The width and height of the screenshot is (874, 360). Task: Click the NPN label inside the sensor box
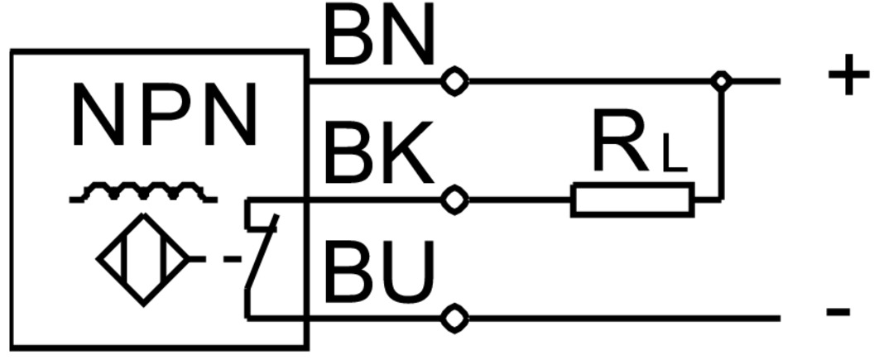coord(164,117)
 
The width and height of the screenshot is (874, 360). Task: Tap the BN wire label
coord(379,38)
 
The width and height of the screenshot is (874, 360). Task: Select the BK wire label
coord(379,155)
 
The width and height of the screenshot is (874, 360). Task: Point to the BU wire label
coord(379,272)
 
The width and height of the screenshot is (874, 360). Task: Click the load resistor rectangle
coord(632,200)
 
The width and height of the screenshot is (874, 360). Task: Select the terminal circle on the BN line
coord(454,81)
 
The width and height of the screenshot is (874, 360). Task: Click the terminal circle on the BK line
coord(454,200)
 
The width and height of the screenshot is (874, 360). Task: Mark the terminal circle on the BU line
coord(454,318)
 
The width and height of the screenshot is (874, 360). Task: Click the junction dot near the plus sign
coord(722,81)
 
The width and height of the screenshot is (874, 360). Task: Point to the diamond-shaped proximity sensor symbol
coord(145,259)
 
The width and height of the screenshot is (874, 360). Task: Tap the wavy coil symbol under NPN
coord(142,194)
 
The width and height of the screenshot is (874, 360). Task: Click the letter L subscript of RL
coord(675,157)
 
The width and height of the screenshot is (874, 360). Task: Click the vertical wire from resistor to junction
coord(722,141)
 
